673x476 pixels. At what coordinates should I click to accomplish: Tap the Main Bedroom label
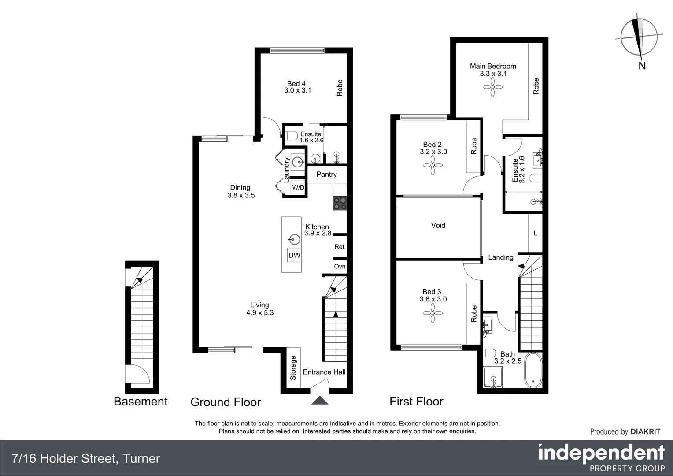click(x=493, y=66)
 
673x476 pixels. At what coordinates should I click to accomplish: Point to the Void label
click(x=438, y=225)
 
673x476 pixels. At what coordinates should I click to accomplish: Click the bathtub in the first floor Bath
click(x=532, y=370)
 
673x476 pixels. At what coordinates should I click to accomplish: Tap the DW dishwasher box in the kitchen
click(x=294, y=255)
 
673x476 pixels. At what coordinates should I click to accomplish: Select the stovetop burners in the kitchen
click(x=340, y=203)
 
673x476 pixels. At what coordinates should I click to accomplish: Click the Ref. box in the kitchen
click(x=340, y=247)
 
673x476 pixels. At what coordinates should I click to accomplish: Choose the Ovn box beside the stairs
click(x=340, y=266)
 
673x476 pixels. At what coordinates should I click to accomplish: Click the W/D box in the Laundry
click(x=298, y=187)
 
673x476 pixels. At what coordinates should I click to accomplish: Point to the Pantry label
click(x=326, y=175)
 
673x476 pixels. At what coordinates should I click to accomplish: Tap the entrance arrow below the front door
click(x=320, y=400)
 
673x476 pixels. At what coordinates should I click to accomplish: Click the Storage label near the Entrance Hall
click(x=293, y=368)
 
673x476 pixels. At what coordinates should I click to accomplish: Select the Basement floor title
click(x=141, y=402)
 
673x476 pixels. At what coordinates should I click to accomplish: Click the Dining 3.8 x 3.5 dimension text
click(x=241, y=195)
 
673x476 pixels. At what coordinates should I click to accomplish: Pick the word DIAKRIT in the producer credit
click(x=645, y=432)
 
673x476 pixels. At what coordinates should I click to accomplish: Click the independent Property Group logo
click(x=601, y=457)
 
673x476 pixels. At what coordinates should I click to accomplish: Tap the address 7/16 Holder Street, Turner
click(x=86, y=458)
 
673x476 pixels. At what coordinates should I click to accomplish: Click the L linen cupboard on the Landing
click(x=535, y=233)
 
